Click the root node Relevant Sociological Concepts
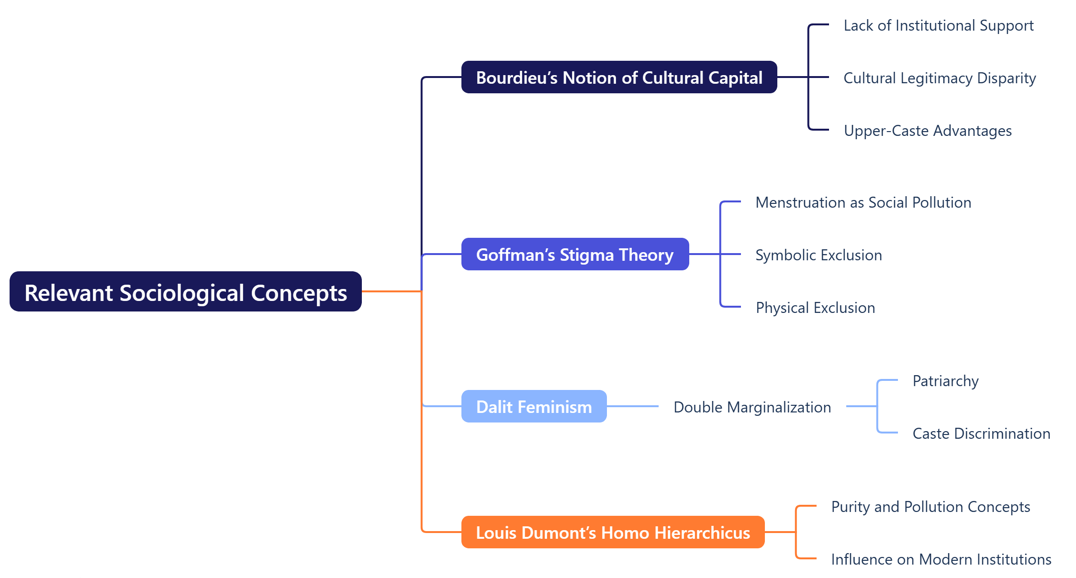click(x=185, y=292)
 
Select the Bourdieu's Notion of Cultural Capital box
click(x=618, y=77)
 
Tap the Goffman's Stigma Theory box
click(x=574, y=254)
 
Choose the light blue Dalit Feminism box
click(x=533, y=406)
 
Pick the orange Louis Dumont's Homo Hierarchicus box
click(x=612, y=532)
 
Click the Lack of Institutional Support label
click(x=938, y=25)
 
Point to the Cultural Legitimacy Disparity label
click(x=939, y=78)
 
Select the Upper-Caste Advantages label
click(x=927, y=131)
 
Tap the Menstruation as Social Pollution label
click(x=863, y=202)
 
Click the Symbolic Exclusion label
click(x=818, y=255)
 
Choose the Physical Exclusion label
click(x=815, y=308)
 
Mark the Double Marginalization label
click(x=751, y=407)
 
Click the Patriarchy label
click(x=945, y=381)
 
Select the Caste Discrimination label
click(x=981, y=433)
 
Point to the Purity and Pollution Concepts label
click(x=930, y=507)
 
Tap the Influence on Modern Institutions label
click(x=941, y=559)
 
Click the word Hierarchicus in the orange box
click(x=702, y=533)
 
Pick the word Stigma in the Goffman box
click(x=587, y=255)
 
